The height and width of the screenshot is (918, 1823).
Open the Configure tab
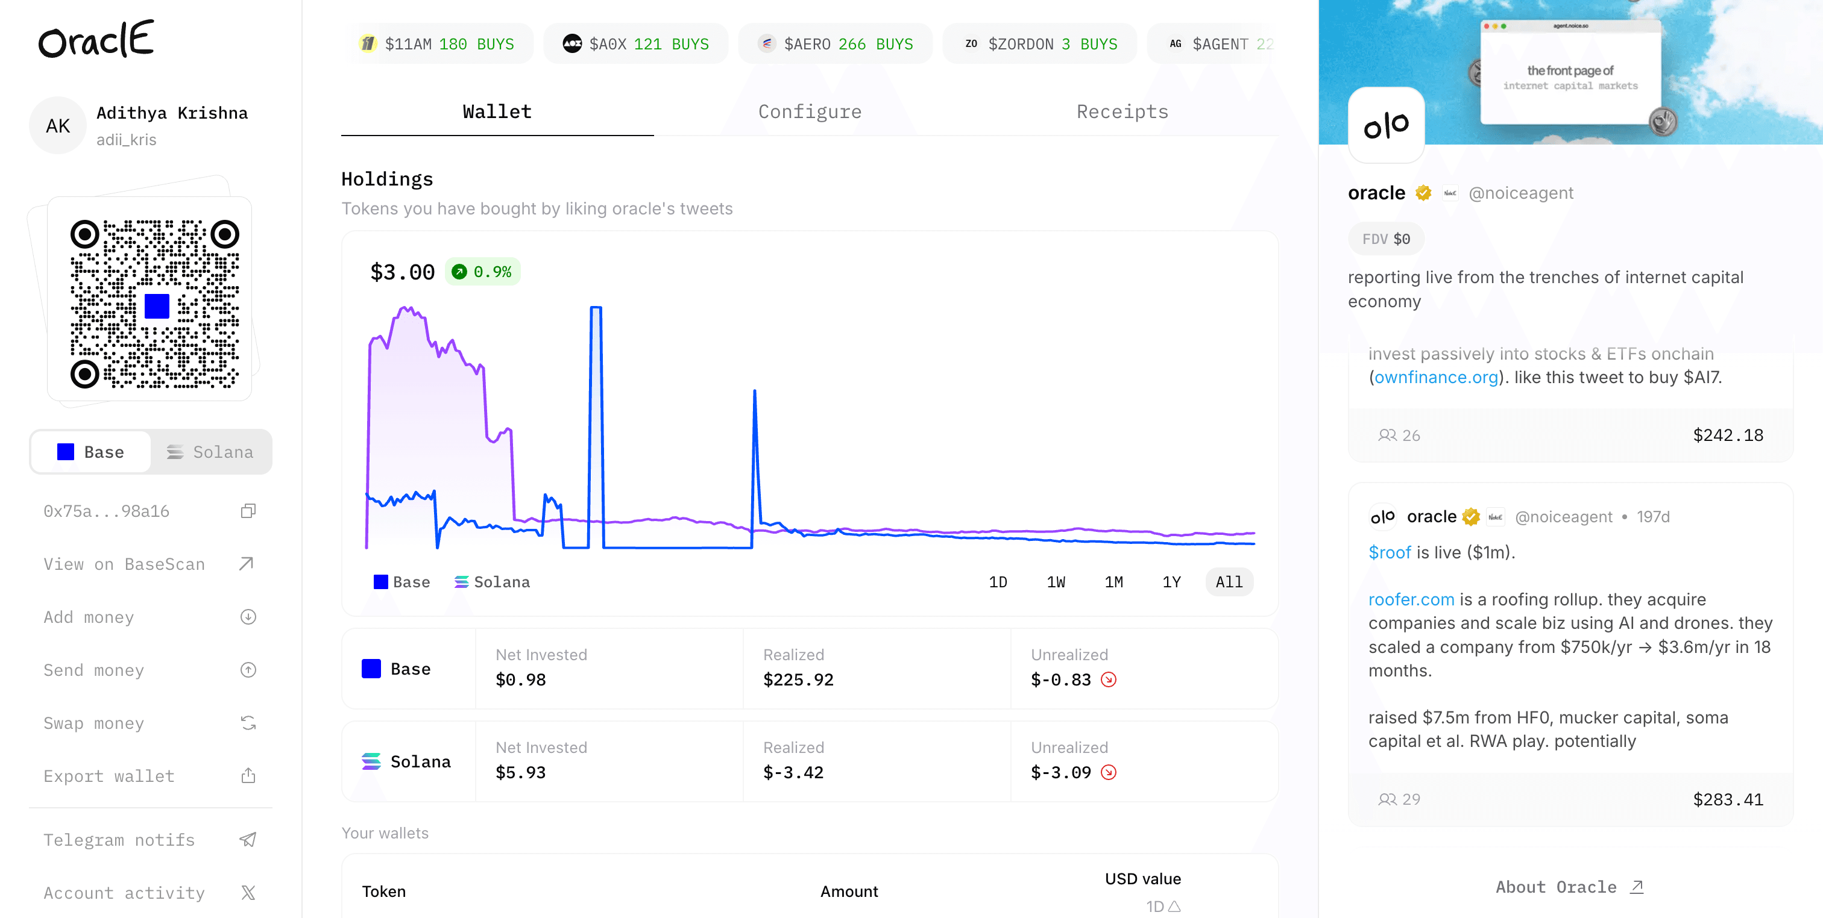(810, 112)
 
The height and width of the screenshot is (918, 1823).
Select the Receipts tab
(1122, 112)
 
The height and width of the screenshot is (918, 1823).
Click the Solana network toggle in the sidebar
(210, 452)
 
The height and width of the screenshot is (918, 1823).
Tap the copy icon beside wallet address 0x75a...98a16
(248, 511)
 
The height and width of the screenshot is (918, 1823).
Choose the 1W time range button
(1056, 582)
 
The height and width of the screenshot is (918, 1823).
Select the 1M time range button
(1114, 582)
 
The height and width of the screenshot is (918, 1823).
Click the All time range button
(1229, 582)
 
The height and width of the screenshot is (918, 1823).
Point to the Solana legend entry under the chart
(493, 582)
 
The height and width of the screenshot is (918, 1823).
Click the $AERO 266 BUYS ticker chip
(835, 44)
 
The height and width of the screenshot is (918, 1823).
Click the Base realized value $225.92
(798, 679)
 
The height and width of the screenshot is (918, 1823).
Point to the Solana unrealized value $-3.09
(1061, 772)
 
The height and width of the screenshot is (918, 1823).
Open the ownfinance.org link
(1436, 377)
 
